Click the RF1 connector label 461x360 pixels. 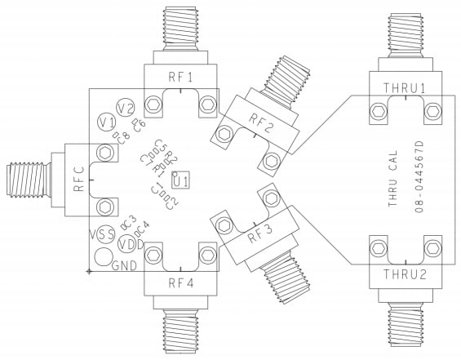180,78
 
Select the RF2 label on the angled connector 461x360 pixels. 263,125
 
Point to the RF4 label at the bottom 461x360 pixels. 180,283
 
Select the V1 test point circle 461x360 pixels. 106,122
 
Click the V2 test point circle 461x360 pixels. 125,108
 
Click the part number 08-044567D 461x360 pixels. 419,178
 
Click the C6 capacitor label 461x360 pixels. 139,125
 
